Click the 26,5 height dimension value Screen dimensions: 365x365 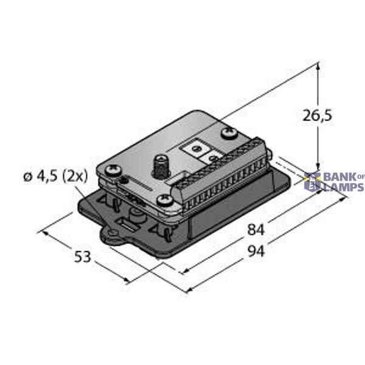pyautogui.click(x=317, y=114)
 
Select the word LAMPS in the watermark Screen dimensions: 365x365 pyautogui.click(x=342, y=187)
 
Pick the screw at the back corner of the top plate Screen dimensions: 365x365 pyautogui.click(x=230, y=130)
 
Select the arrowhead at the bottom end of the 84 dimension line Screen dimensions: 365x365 pyautogui.click(x=182, y=271)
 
